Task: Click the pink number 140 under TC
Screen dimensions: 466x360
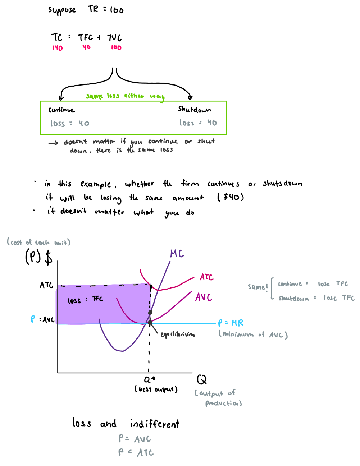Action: point(57,48)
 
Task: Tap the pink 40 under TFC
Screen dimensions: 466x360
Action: point(86,47)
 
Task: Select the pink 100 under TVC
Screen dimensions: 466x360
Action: point(116,47)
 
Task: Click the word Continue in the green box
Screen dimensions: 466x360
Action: point(61,110)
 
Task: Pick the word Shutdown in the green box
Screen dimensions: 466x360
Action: point(194,109)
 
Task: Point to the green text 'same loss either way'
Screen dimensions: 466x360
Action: point(125,96)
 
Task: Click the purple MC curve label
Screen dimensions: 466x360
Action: point(177,254)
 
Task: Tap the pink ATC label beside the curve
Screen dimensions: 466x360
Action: point(206,277)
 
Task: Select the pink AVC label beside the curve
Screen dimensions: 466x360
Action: point(204,297)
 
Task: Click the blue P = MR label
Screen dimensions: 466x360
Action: point(231,323)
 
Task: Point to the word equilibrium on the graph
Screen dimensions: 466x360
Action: point(178,334)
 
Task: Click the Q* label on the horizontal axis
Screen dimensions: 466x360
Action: point(149,379)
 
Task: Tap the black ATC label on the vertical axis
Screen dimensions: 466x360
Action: point(46,285)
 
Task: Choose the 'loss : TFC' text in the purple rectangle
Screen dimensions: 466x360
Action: point(85,300)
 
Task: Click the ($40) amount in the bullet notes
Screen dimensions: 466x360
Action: point(231,197)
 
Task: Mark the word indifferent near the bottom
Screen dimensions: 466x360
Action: point(154,424)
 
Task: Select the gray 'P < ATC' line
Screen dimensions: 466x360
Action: point(136,452)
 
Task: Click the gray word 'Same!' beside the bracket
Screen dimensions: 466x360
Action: point(258,287)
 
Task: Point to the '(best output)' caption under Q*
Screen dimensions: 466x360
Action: point(156,389)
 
